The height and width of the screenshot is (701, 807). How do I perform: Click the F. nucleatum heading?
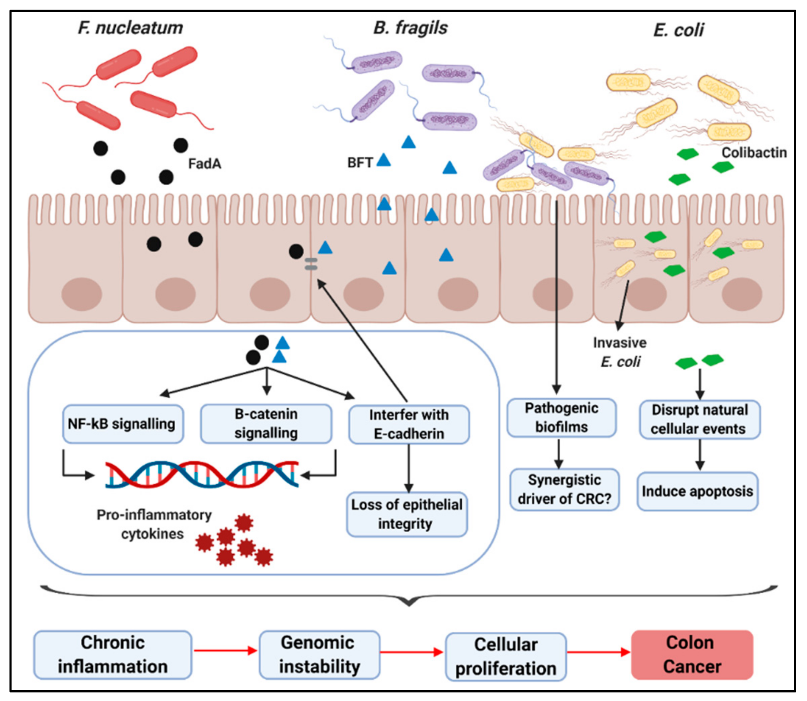coord(130,28)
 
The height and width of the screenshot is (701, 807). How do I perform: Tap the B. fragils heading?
coord(410,28)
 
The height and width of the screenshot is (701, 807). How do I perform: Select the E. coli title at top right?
coord(678,30)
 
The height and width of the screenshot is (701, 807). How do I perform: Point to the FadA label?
coord(204,163)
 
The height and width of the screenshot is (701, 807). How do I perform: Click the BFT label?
coord(359,162)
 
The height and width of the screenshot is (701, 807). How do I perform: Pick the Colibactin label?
coord(754,152)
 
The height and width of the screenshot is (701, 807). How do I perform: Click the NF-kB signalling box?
coord(122,424)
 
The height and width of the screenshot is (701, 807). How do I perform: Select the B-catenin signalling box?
coord(266,424)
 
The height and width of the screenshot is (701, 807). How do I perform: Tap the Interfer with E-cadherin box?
coord(408,424)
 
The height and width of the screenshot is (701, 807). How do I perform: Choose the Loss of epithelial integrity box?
coord(407,514)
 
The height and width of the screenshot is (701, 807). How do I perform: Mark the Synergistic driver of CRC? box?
coord(564,489)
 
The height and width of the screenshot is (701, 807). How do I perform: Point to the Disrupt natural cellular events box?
coord(700,419)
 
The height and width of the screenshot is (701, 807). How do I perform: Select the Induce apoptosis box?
coord(697,491)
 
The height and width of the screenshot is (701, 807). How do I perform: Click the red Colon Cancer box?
coord(692,655)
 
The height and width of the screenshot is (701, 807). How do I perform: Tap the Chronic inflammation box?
coord(113,655)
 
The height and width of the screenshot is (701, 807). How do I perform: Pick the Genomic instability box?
coord(319,655)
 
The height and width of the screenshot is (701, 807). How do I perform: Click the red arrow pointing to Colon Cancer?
coord(598,652)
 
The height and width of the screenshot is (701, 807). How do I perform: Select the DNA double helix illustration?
coord(201,474)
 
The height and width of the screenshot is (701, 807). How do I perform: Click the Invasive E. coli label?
coord(620,352)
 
